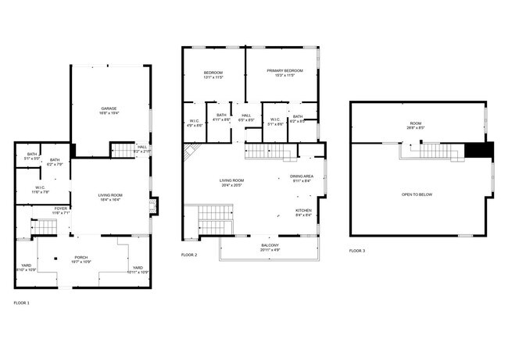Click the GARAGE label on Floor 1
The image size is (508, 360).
pyautogui.click(x=108, y=108)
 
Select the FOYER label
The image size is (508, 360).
pyautogui.click(x=60, y=208)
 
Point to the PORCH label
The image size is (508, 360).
pyautogui.click(x=81, y=257)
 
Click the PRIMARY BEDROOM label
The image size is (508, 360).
pyautogui.click(x=284, y=71)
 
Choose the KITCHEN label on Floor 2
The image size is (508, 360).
pyautogui.click(x=303, y=210)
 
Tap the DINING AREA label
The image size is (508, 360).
pyautogui.click(x=302, y=176)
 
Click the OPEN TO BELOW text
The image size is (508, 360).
pyautogui.click(x=417, y=194)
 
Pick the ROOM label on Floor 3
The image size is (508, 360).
pyautogui.click(x=415, y=123)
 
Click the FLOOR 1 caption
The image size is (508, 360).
pyautogui.click(x=21, y=301)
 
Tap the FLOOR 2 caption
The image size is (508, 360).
pyautogui.click(x=189, y=255)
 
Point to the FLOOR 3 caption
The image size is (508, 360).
pyautogui.click(x=356, y=251)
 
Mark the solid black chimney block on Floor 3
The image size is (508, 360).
pyautogui.click(x=478, y=151)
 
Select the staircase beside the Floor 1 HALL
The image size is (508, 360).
pyautogui.click(x=122, y=149)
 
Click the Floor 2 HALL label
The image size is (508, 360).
pyautogui.click(x=246, y=116)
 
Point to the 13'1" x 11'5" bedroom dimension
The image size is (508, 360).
pyautogui.click(x=213, y=77)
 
